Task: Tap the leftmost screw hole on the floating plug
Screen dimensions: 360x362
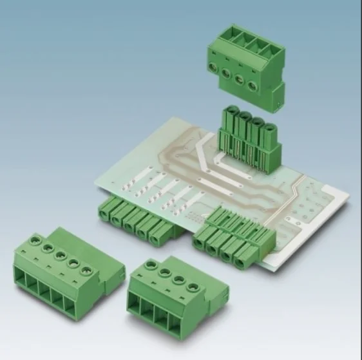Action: coord(214,68)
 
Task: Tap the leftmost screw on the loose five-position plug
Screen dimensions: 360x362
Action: coord(32,240)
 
